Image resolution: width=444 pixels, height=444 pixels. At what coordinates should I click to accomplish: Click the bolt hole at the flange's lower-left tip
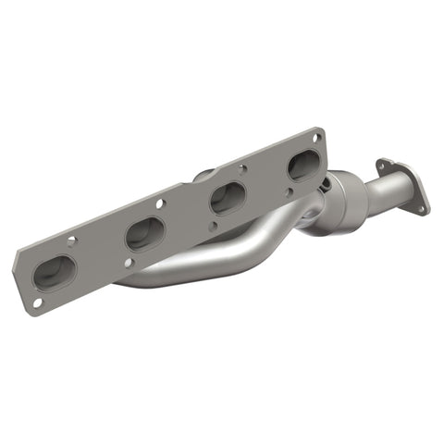pos(36,302)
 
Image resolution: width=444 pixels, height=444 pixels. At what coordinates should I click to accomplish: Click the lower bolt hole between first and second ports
pos(117,268)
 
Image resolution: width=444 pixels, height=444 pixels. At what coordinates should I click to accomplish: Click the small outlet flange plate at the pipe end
pos(403,191)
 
